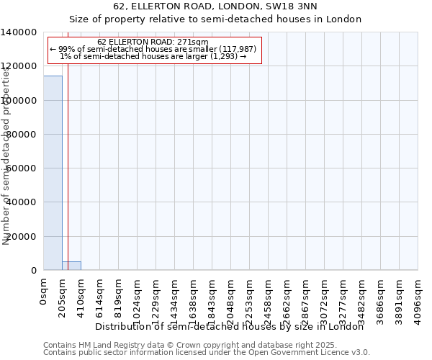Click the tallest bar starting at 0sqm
click(53, 173)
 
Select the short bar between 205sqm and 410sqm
click(71, 266)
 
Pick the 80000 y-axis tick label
click(22, 135)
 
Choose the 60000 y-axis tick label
click(22, 168)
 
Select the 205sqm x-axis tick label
click(63, 297)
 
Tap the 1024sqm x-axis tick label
click(138, 300)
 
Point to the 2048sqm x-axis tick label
click(231, 300)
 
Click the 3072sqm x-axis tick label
click(325, 300)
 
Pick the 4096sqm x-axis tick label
click(418, 300)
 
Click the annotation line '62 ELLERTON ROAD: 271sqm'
click(153, 42)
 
